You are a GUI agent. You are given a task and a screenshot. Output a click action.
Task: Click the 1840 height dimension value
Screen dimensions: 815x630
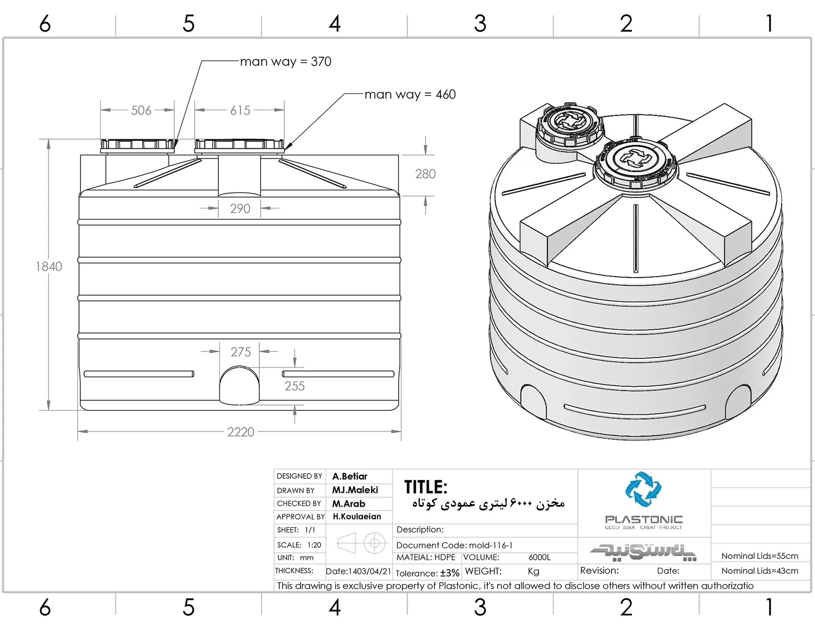point(49,266)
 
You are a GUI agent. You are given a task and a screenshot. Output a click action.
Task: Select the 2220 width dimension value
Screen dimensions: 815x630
point(241,432)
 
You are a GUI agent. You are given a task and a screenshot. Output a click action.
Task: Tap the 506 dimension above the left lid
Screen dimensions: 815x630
point(141,110)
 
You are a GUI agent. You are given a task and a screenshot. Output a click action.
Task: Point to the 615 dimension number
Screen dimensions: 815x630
point(240,110)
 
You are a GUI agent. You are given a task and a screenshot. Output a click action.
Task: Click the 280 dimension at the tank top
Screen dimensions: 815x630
point(425,174)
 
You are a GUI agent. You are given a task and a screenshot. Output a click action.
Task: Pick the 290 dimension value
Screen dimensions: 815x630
point(240,209)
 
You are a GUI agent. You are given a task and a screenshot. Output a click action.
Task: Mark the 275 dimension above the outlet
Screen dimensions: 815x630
point(241,352)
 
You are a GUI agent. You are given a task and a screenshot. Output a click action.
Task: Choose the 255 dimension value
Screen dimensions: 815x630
point(295,386)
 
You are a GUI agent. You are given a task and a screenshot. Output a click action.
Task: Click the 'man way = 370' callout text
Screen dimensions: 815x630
point(286,62)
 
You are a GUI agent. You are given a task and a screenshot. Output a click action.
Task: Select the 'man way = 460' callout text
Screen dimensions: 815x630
point(410,94)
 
